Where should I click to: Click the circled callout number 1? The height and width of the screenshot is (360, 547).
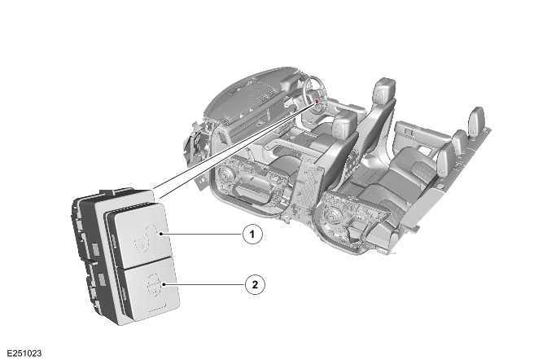click(254, 235)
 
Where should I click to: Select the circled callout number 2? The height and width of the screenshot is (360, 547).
click(254, 285)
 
